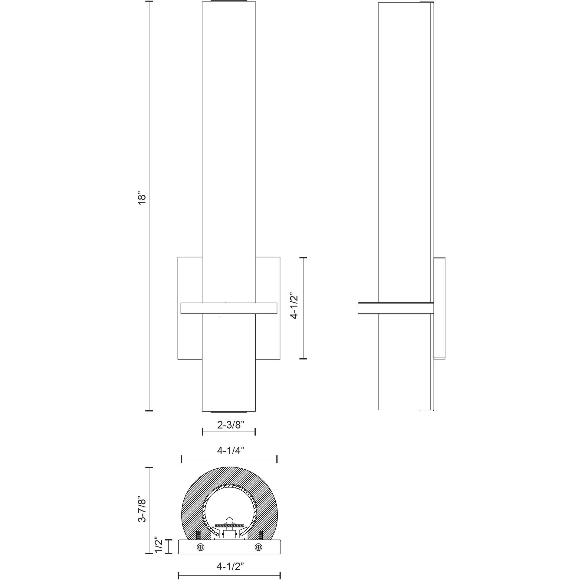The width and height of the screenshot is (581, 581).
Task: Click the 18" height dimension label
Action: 142,198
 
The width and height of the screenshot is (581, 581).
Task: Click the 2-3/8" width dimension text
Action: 231,425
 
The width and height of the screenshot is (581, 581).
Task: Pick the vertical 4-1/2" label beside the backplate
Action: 294,306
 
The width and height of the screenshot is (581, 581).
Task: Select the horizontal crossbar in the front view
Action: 229,308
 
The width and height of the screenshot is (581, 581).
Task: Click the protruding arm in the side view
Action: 368,308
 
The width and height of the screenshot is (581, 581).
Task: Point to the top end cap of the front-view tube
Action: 229,2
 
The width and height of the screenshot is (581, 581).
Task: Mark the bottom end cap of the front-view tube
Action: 229,412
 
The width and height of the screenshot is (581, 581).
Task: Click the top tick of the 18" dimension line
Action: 149,2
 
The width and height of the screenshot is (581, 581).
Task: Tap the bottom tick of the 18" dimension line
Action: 149,411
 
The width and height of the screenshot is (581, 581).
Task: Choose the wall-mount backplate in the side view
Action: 439,308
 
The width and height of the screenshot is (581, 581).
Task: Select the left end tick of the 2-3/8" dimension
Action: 203,432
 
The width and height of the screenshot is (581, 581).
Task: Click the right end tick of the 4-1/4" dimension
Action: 277,468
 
